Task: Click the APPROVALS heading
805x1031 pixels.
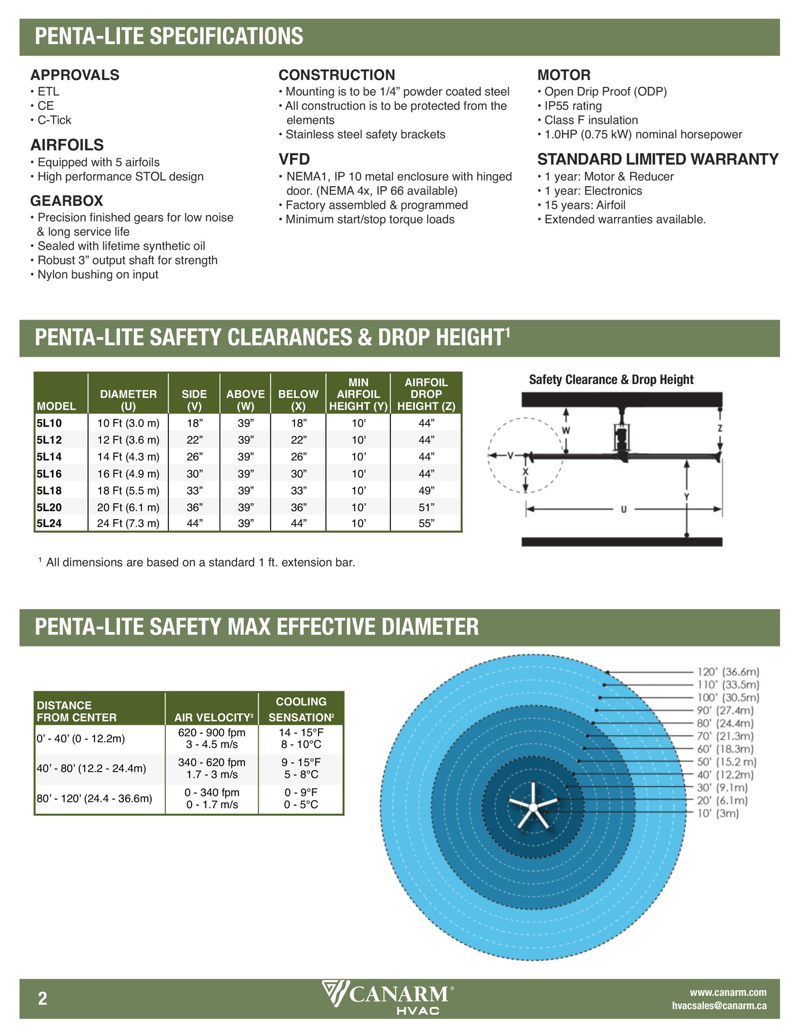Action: point(74,75)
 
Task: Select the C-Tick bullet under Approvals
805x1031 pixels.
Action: point(54,120)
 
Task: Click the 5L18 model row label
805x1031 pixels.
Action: point(49,491)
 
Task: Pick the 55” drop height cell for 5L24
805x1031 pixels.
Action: point(426,523)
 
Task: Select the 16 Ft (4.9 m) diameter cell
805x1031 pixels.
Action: point(128,474)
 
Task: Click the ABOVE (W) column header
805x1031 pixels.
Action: point(246,400)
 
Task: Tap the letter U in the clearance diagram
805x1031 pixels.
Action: point(624,509)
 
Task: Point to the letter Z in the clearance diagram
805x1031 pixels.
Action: point(720,429)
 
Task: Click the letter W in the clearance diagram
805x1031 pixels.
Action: point(566,430)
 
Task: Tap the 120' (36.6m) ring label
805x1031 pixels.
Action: point(728,672)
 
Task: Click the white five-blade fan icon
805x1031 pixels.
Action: point(533,806)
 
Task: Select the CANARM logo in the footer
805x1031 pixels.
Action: point(388,997)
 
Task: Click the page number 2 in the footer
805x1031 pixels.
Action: point(43,998)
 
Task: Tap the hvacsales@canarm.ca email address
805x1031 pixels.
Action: point(719,1006)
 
